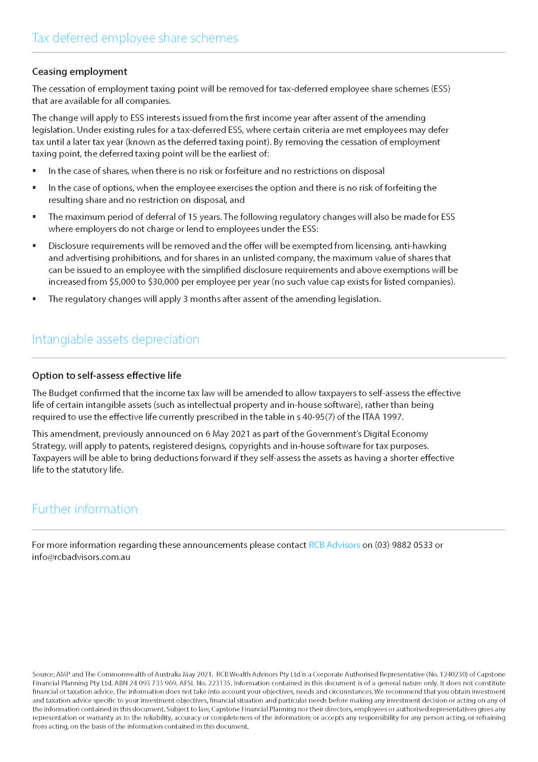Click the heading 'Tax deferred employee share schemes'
pyautogui.click(x=135, y=38)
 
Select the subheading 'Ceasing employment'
pyautogui.click(x=80, y=72)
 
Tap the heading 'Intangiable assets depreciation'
pyautogui.click(x=115, y=339)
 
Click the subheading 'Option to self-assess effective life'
pyautogui.click(x=107, y=376)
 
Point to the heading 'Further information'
pyautogui.click(x=85, y=510)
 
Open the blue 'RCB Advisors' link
pyautogui.click(x=334, y=545)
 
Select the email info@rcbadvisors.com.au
pyautogui.click(x=81, y=557)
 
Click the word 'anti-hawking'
pyautogui.click(x=420, y=246)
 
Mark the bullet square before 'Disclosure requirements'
pyautogui.click(x=34, y=246)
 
